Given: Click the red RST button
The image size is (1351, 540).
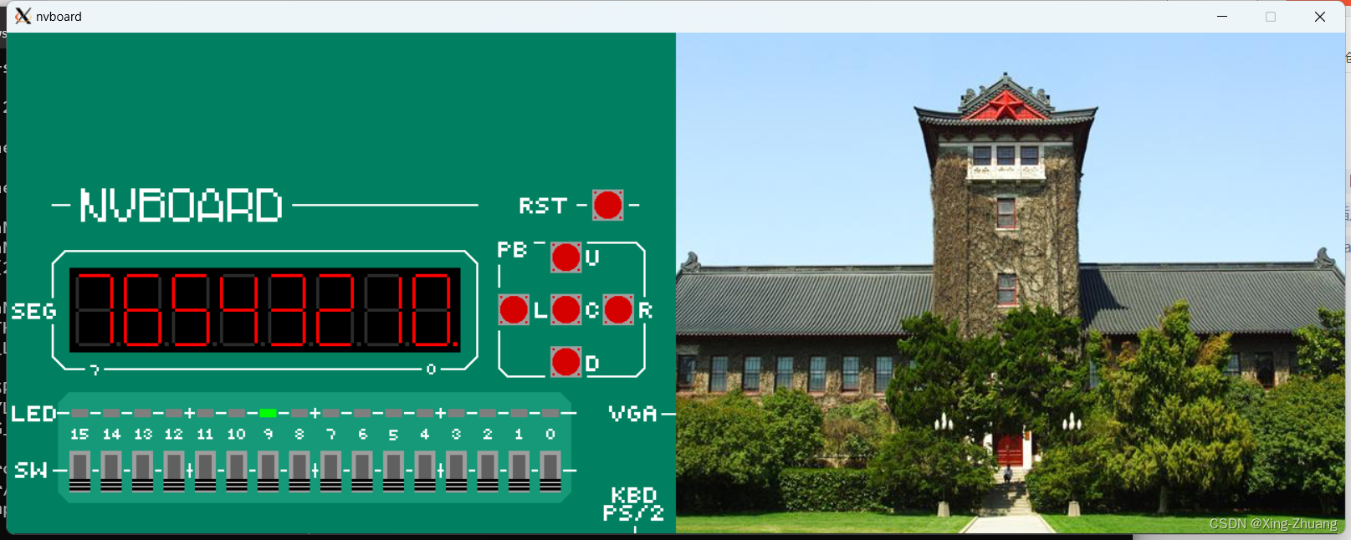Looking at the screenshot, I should (x=607, y=205).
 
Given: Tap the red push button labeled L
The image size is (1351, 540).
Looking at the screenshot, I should (x=514, y=310).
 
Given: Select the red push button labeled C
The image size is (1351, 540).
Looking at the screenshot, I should (x=566, y=310).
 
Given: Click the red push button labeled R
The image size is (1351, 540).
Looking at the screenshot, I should (x=618, y=310).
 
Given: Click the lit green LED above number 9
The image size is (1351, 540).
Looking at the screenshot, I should (x=268, y=413).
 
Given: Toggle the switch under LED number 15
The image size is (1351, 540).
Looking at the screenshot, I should (x=79, y=471).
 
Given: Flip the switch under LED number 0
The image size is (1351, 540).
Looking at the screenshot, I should (x=550, y=471).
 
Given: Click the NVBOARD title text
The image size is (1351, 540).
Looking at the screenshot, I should (x=181, y=206).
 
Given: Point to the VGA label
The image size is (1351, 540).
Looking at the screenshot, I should (x=632, y=414).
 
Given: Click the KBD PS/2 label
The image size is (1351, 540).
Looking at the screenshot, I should (x=633, y=504).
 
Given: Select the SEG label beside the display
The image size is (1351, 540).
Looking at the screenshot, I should (x=33, y=312).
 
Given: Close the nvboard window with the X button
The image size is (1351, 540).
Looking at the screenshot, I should (x=1319, y=17).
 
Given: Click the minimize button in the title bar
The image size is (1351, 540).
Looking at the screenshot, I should (x=1222, y=17).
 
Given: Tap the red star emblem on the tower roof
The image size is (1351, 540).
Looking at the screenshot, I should (x=1006, y=106).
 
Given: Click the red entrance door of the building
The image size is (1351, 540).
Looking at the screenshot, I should (x=1011, y=449).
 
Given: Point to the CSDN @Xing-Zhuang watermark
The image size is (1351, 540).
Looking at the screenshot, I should (x=1272, y=524).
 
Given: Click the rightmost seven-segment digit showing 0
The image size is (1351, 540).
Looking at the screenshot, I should (x=432, y=310).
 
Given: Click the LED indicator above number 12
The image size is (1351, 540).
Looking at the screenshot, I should (x=173, y=413).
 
